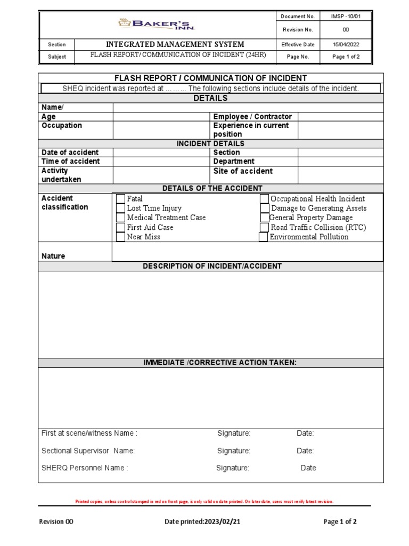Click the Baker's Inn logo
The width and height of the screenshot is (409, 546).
(x=157, y=24)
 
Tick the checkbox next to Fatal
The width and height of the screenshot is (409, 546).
(x=120, y=199)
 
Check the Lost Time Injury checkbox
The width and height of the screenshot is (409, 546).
(x=120, y=208)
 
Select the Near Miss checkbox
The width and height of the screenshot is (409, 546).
(x=120, y=237)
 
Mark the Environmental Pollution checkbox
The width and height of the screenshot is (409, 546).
(x=263, y=237)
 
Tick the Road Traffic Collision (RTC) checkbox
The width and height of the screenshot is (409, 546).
(x=264, y=227)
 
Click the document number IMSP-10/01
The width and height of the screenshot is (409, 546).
(x=345, y=17)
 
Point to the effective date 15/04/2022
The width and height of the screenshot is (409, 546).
(x=345, y=45)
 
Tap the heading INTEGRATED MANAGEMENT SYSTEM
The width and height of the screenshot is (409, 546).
(x=175, y=44)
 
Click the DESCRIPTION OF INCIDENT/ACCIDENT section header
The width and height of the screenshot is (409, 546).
(x=212, y=266)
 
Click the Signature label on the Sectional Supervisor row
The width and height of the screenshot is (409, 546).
(x=233, y=451)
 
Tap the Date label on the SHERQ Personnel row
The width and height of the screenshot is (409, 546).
(x=308, y=468)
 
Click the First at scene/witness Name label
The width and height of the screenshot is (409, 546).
(x=89, y=433)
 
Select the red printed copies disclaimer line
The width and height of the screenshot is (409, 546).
(x=204, y=502)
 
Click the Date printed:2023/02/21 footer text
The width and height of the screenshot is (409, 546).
(x=202, y=521)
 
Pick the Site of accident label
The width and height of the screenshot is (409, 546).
(x=242, y=171)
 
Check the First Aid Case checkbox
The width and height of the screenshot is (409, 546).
(x=120, y=228)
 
